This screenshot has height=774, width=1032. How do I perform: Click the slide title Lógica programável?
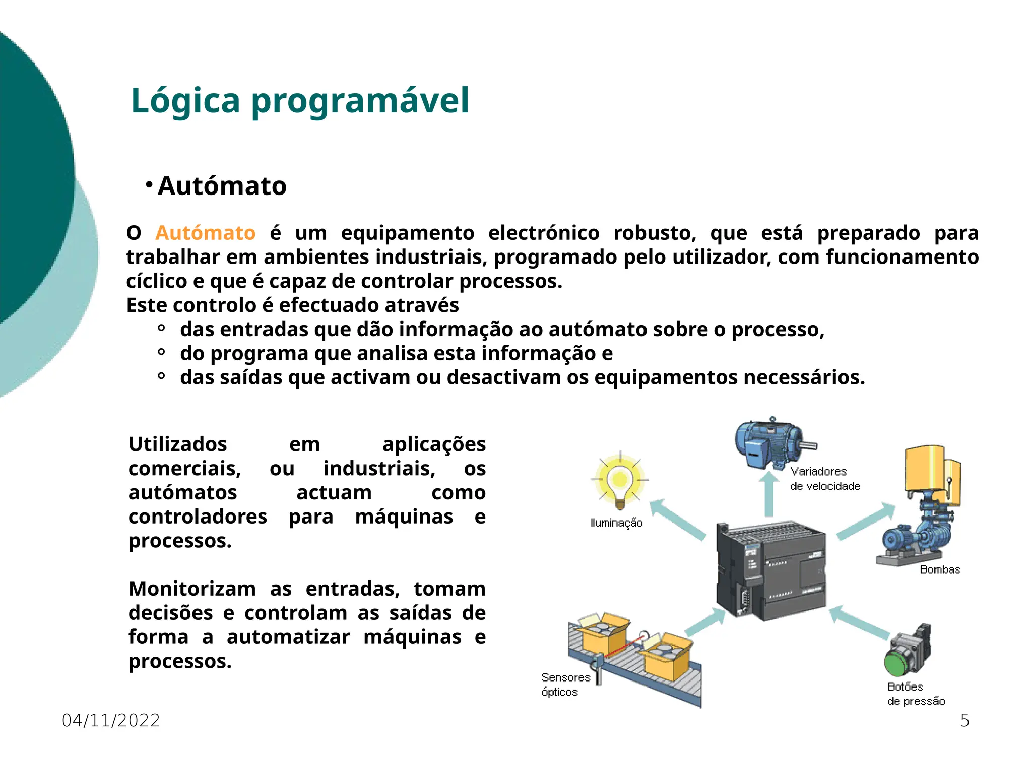[x=300, y=100]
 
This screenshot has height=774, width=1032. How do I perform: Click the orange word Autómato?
[x=205, y=233]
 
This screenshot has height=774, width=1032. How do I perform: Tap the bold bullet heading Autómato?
[x=222, y=186]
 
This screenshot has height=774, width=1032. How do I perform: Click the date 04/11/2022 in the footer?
[x=111, y=720]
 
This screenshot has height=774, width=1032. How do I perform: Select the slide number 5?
[x=964, y=720]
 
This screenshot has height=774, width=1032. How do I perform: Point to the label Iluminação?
[x=616, y=523]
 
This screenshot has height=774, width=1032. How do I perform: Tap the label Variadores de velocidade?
[x=825, y=479]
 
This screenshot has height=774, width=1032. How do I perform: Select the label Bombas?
[x=940, y=570]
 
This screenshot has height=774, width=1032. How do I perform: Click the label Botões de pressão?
[x=916, y=694]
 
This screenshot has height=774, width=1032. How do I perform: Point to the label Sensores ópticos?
[x=565, y=685]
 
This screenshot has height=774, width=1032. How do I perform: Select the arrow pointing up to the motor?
[x=769, y=494]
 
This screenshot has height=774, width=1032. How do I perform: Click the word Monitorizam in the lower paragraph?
[x=192, y=589]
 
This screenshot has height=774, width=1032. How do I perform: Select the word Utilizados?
[x=177, y=444]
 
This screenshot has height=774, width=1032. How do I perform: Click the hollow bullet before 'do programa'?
[x=161, y=352]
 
